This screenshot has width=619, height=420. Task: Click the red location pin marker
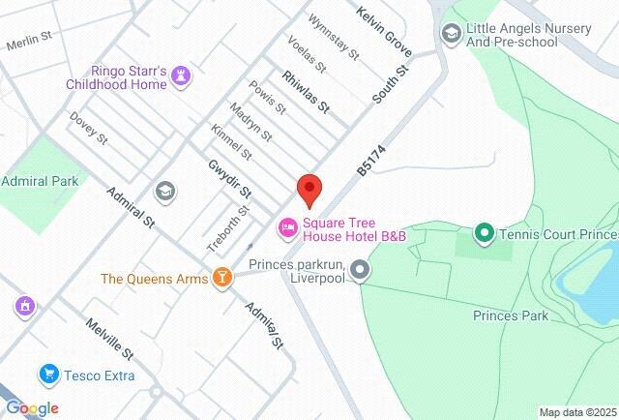point(309,189)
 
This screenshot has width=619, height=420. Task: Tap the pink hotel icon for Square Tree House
point(287,227)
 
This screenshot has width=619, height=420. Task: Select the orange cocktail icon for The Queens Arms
point(223,279)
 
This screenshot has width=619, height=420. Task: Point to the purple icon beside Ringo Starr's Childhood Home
point(184,75)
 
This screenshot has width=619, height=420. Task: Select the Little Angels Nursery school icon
point(451,34)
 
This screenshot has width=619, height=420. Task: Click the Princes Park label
point(511,315)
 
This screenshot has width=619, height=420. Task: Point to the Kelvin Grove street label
point(384,32)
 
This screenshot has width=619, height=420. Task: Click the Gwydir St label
point(230,179)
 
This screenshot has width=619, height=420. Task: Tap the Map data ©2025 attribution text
point(577,412)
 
